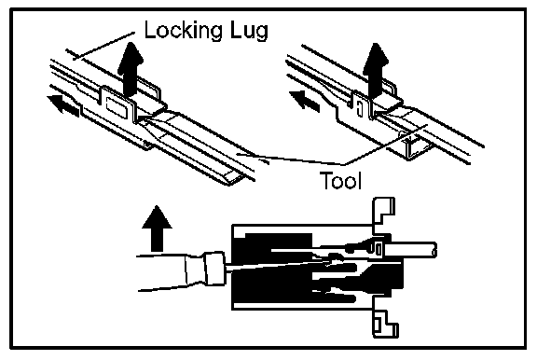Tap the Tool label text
pos(341,180)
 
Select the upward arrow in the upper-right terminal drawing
pos(376,70)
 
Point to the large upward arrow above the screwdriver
pos(157,228)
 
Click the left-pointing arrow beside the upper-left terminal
pos(64,105)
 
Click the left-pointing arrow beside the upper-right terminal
pos(305,101)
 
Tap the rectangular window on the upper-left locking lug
pos(116,106)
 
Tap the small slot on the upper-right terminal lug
pos(359,108)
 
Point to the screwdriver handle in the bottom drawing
pos(171,272)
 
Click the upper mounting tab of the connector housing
pos(383,211)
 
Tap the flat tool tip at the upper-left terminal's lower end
pos(234,177)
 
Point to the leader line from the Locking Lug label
pos(103,46)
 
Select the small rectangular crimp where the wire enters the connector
pos(379,248)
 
